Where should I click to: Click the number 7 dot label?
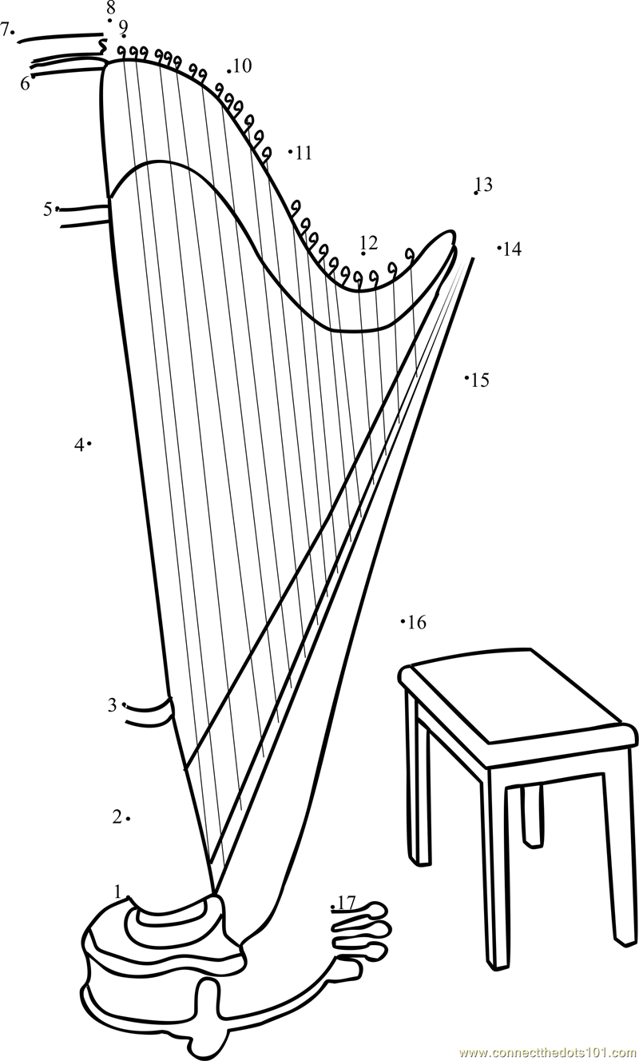(x=5, y=30)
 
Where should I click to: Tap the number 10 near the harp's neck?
(x=242, y=66)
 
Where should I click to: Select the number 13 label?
(x=483, y=185)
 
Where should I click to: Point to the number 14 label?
(x=512, y=249)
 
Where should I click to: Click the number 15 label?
(x=480, y=380)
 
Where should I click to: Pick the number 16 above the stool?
(x=417, y=622)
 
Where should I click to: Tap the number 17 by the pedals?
(x=346, y=903)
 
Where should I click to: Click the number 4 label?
(x=79, y=445)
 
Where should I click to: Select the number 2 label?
(x=117, y=817)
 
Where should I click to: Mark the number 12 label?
(x=369, y=242)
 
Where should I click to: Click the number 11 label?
(x=304, y=153)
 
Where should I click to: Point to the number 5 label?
(x=48, y=209)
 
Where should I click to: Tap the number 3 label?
(x=113, y=705)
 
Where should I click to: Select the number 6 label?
(x=25, y=83)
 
